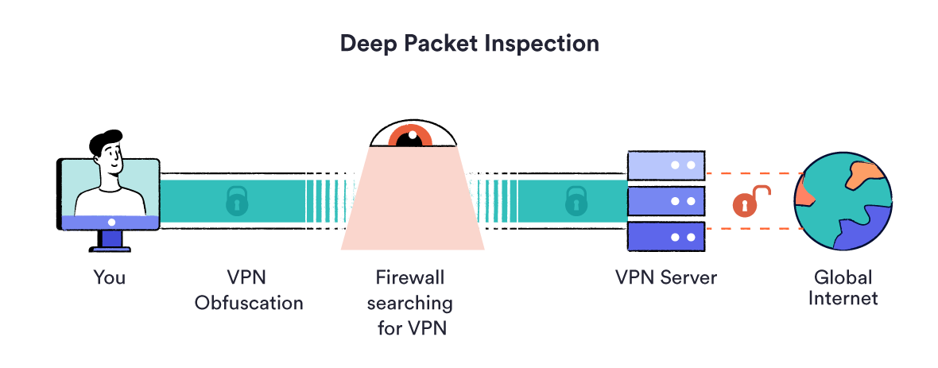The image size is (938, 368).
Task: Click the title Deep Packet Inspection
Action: pyautogui.click(x=469, y=43)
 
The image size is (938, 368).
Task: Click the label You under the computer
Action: pyautogui.click(x=109, y=277)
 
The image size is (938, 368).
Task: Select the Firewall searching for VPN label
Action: pyautogui.click(x=413, y=302)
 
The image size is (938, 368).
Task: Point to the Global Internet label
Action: pyautogui.click(x=843, y=288)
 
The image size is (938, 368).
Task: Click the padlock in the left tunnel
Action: pyautogui.click(x=236, y=201)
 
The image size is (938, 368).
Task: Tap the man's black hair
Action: pyautogui.click(x=103, y=144)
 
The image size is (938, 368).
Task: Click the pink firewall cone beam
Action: pyautogui.click(x=413, y=207)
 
